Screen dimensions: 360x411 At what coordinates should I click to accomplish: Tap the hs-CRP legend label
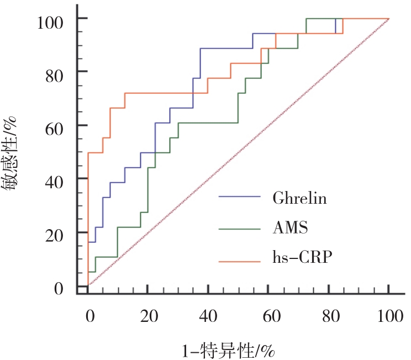click(302, 257)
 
